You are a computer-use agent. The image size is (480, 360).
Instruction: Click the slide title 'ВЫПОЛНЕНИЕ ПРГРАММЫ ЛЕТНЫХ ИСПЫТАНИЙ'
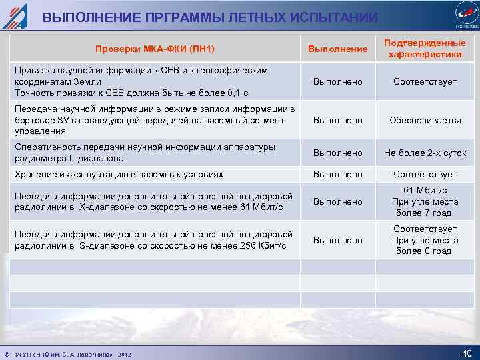pyautogui.click(x=210, y=17)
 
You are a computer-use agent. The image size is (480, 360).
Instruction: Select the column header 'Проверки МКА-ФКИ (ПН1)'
pyautogui.click(x=155, y=49)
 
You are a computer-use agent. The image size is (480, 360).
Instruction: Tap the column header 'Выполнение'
pyautogui.click(x=337, y=49)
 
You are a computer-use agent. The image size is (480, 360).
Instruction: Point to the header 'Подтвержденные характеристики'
pyautogui.click(x=425, y=49)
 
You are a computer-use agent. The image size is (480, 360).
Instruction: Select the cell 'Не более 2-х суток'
pyautogui.click(x=425, y=153)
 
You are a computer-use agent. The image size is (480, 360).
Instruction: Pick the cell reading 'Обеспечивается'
pyautogui.click(x=425, y=120)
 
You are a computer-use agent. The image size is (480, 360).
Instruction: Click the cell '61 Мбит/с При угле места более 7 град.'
pyautogui.click(x=425, y=201)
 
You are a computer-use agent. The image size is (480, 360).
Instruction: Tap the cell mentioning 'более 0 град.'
pyautogui.click(x=425, y=240)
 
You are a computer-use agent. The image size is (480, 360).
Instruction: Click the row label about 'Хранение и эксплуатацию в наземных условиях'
pyautogui.click(x=119, y=174)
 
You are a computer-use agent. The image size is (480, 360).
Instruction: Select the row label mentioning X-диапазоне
pyautogui.click(x=153, y=201)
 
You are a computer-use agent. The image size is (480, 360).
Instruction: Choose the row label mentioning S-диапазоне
pyautogui.click(x=153, y=240)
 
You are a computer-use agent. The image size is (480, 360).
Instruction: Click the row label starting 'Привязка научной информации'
pyautogui.click(x=141, y=81)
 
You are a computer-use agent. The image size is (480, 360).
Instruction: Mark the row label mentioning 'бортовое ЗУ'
pyautogui.click(x=153, y=120)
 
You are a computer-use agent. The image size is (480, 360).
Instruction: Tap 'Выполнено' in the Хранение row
pyautogui.click(x=337, y=174)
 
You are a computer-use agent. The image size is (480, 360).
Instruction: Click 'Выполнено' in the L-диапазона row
pyautogui.click(x=337, y=153)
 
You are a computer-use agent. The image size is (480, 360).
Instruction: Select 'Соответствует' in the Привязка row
pyautogui.click(x=425, y=81)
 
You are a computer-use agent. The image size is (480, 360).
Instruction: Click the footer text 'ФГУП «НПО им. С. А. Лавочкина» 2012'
pyautogui.click(x=70, y=353)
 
